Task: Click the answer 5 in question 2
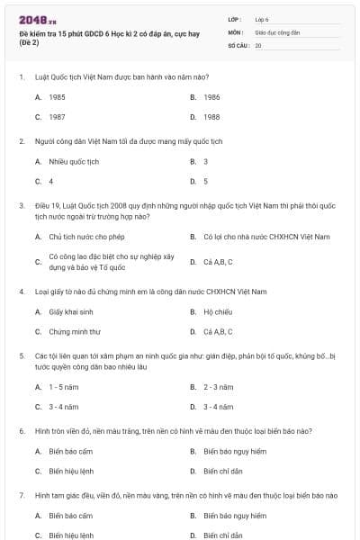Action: [205, 182]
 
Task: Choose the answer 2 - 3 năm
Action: [218, 387]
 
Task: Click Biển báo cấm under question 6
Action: [71, 451]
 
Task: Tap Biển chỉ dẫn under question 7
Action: [221, 535]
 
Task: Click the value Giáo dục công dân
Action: [275, 31]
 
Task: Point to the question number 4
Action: [21, 292]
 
